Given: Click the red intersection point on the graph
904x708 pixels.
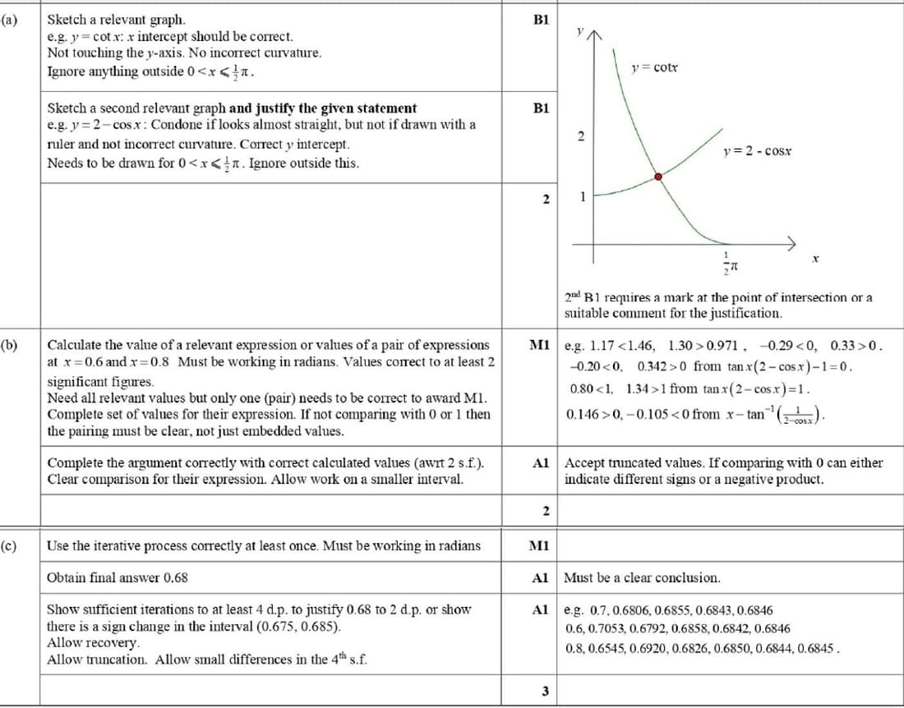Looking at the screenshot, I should [x=658, y=176].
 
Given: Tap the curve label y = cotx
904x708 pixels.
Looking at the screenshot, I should [x=654, y=67].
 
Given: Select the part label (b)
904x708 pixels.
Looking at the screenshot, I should [x=9, y=345].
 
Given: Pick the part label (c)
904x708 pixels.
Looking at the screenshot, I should [x=9, y=545].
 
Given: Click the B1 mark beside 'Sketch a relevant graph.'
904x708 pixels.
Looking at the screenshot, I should [x=541, y=18].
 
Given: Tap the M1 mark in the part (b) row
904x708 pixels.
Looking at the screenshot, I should [x=541, y=345].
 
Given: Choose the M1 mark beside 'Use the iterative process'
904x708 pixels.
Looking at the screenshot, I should [x=541, y=545].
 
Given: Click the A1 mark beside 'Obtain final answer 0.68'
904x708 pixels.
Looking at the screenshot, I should [x=541, y=577].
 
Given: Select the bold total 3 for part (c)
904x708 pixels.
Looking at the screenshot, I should [x=545, y=691].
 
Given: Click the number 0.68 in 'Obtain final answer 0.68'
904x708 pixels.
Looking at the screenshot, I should [x=176, y=577].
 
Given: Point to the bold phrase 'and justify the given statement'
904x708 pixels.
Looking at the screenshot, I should [x=323, y=108].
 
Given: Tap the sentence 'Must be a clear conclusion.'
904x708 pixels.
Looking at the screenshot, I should [x=642, y=577].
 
